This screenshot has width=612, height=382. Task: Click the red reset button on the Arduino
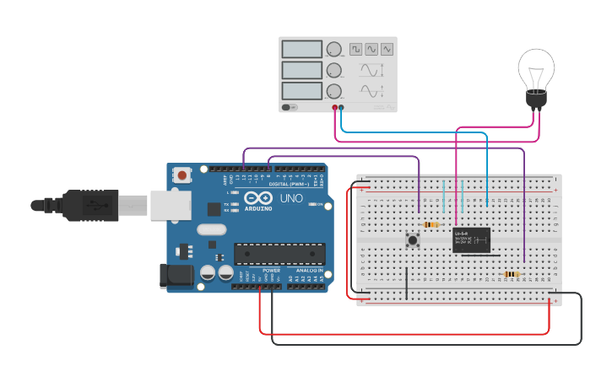coord(181,175)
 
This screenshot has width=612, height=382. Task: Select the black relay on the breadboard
coord(471,240)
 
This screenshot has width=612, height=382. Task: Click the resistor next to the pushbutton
coord(431,225)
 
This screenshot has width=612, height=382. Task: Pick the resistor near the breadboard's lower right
coord(511,274)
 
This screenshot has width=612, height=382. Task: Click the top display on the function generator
coord(302,50)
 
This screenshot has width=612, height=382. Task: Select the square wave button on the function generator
coord(356,50)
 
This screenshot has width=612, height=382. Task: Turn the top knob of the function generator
coord(334,50)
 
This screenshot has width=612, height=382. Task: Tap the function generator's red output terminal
coord(335,108)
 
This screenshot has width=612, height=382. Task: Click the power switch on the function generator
coord(290,107)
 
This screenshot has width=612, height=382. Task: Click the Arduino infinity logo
coord(257,198)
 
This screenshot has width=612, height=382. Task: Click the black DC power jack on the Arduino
coord(176,274)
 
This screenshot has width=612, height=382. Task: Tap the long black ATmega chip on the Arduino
coord(279,254)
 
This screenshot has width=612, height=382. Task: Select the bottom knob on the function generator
coord(334,91)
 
